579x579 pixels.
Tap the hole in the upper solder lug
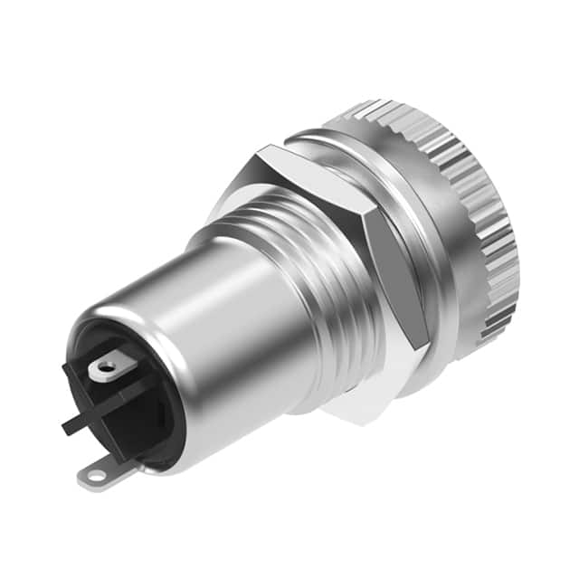pos(107,367)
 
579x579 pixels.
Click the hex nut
pos(362,262)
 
